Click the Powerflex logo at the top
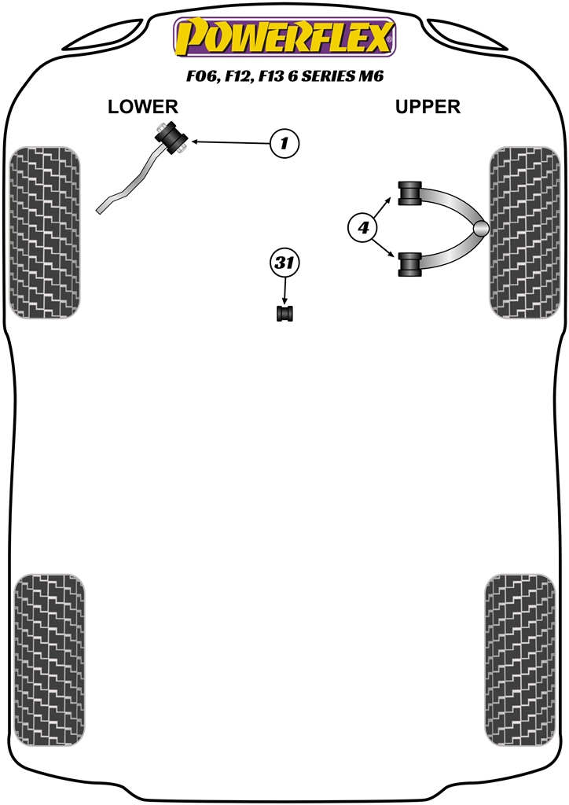[284, 37]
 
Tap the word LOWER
[142, 107]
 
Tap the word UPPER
[428, 107]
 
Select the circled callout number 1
[284, 143]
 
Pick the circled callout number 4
[363, 227]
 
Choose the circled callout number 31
[284, 263]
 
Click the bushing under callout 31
[284, 313]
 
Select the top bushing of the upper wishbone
[409, 193]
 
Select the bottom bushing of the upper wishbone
[409, 264]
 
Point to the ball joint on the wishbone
[481, 229]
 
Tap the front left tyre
[45, 232]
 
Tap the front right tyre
[524, 232]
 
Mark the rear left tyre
[50, 660]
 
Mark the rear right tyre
[519, 660]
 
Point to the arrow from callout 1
[231, 142]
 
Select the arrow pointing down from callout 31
[284, 291]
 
